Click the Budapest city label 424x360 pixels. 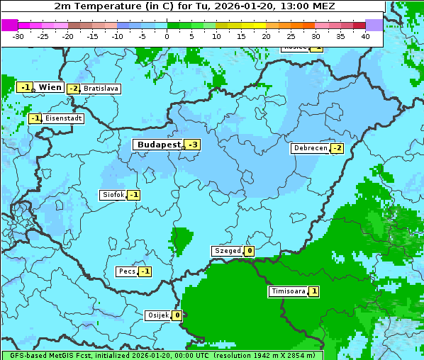click(x=159, y=145)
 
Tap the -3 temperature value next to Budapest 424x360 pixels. click(x=192, y=145)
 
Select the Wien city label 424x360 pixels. click(x=50, y=87)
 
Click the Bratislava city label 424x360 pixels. click(x=101, y=89)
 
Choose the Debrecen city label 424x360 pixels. click(x=310, y=148)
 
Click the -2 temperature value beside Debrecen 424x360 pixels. click(x=337, y=148)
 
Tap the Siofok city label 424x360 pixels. click(x=113, y=195)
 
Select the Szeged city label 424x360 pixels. click(x=227, y=251)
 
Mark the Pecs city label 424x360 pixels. click(x=127, y=271)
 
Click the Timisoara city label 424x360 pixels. click(x=288, y=291)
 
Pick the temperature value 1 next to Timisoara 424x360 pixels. click(x=313, y=291)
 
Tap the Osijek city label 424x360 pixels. click(x=157, y=315)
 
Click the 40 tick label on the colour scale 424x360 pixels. click(x=365, y=35)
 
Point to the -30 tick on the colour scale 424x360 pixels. click(x=18, y=35)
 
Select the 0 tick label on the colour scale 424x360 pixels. click(x=167, y=35)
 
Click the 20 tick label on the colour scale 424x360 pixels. click(x=266, y=35)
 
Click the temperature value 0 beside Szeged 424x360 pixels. click(x=250, y=251)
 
